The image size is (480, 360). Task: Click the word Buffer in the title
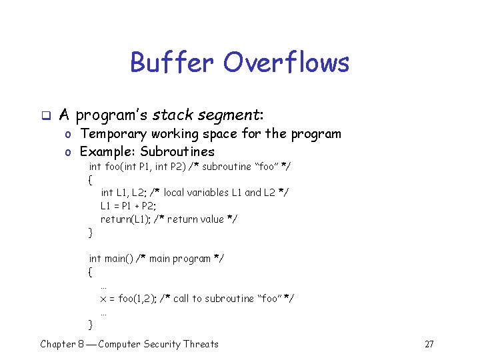tap(173, 63)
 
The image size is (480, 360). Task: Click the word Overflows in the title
tap(286, 63)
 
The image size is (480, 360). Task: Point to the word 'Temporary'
tap(111, 134)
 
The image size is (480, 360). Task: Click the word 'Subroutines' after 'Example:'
tap(177, 151)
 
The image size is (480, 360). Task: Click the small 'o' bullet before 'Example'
tap(69, 152)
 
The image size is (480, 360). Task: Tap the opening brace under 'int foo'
tap(91, 179)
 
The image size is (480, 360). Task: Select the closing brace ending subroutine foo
tap(91, 233)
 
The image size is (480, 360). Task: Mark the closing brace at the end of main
tap(91, 325)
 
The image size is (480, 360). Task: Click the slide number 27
tap(429, 345)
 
